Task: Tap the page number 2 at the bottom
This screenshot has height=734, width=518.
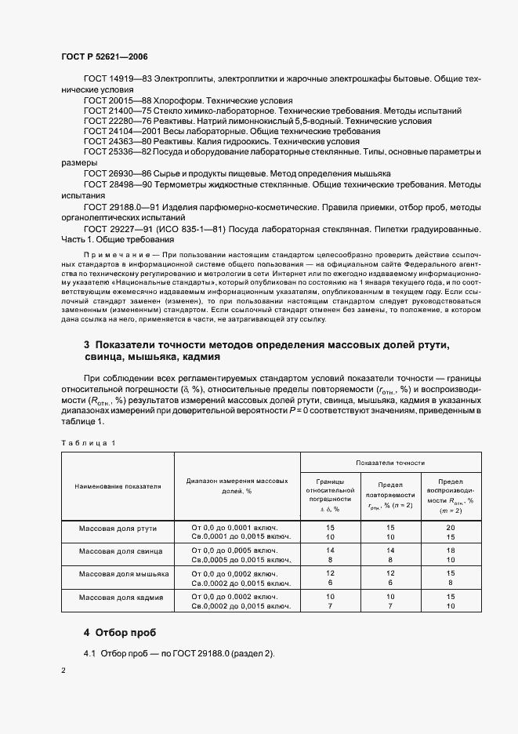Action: (x=64, y=670)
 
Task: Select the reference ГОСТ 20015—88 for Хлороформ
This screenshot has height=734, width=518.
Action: (x=109, y=100)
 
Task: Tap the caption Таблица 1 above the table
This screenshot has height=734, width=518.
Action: (x=88, y=443)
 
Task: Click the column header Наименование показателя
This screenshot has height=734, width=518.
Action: (x=118, y=486)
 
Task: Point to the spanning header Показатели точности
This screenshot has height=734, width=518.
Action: (x=379, y=463)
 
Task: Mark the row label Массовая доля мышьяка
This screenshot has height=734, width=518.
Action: (x=118, y=574)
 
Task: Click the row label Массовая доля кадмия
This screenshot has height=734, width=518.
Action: (x=118, y=598)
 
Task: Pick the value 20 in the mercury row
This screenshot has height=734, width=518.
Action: (x=451, y=527)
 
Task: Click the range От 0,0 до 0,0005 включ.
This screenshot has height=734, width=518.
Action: (x=235, y=551)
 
